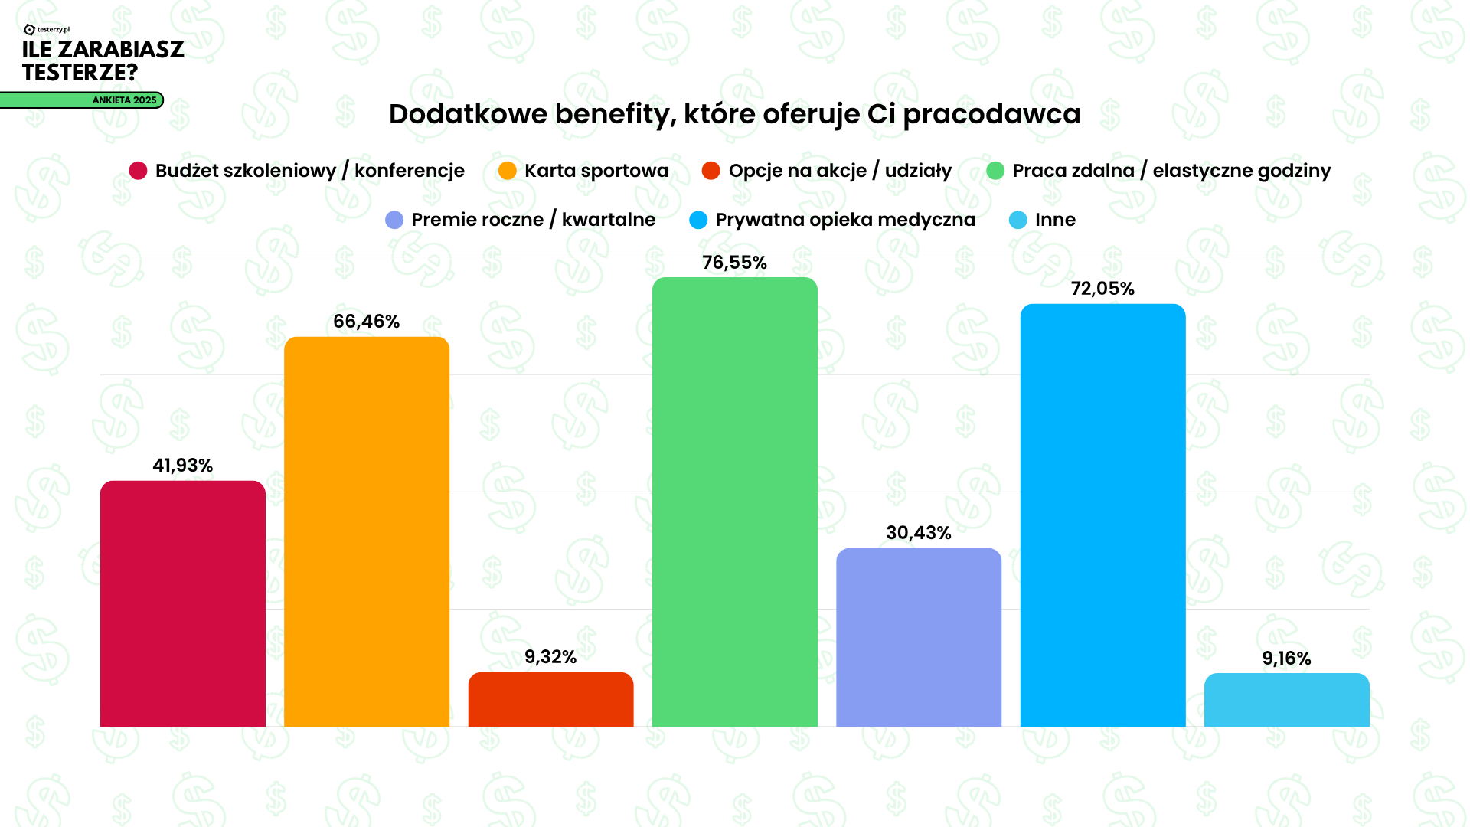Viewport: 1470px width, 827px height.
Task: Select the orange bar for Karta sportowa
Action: pyautogui.click(x=366, y=531)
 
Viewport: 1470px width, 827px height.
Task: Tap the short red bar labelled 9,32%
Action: pyautogui.click(x=550, y=699)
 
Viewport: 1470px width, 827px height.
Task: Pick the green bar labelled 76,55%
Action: pyautogui.click(x=734, y=502)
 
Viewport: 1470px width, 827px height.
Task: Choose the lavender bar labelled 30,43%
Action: pyautogui.click(x=918, y=637)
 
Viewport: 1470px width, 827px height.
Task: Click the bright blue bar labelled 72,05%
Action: pyautogui.click(x=1102, y=515)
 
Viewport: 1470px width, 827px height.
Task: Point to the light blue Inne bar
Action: pyautogui.click(x=1286, y=700)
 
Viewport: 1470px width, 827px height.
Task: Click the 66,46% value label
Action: pyautogui.click(x=366, y=322)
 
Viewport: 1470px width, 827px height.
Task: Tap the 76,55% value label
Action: pyautogui.click(x=734, y=263)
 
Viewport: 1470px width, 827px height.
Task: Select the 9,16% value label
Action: pyautogui.click(x=1286, y=659)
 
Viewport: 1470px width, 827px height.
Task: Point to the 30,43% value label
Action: pyautogui.click(x=918, y=533)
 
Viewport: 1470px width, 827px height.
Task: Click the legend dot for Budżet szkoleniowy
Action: pyautogui.click(x=138, y=171)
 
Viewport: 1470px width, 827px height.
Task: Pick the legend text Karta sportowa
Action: pyautogui.click(x=596, y=171)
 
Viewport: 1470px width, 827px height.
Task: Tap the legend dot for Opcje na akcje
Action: pyautogui.click(x=710, y=171)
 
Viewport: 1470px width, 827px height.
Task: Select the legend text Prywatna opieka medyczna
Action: pyautogui.click(x=844, y=220)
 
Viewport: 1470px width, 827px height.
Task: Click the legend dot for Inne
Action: pyautogui.click(x=1018, y=220)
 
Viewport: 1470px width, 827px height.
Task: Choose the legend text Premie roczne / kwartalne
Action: pyautogui.click(x=533, y=220)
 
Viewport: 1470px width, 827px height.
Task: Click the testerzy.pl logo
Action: pyautogui.click(x=47, y=30)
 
